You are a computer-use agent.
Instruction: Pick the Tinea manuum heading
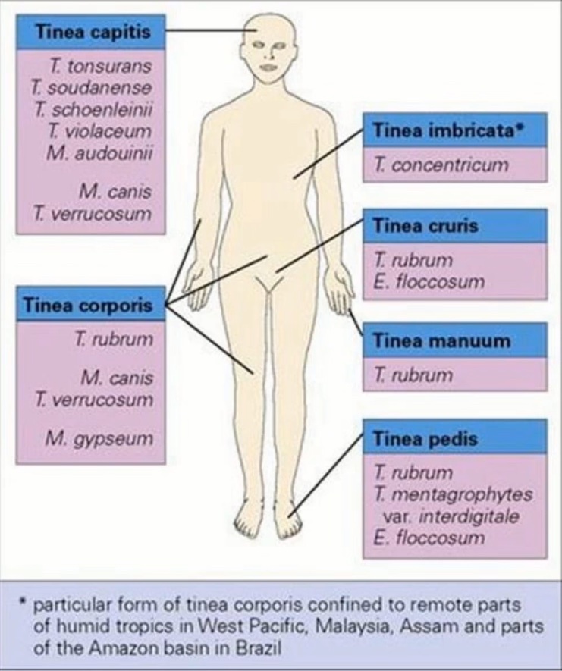tap(441, 340)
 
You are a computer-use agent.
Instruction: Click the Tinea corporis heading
tap(87, 305)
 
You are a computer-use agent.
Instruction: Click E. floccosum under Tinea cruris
tap(429, 282)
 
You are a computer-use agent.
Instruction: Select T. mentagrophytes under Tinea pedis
tap(453, 495)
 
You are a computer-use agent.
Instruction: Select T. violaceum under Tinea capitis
tap(100, 131)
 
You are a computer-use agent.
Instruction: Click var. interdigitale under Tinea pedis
tap(450, 517)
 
